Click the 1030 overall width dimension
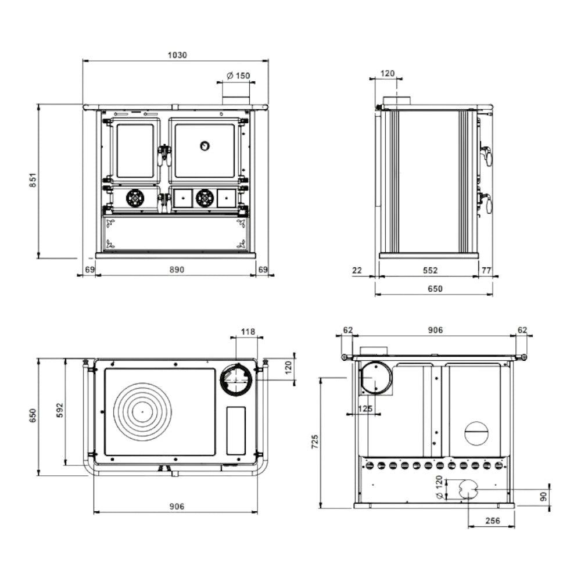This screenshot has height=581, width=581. [177, 55]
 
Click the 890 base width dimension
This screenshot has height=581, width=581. [177, 270]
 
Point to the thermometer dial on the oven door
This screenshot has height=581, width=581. [205, 145]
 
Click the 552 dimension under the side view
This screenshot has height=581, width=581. [430, 270]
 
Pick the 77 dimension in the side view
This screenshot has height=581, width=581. [486, 270]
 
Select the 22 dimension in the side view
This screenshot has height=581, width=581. [357, 270]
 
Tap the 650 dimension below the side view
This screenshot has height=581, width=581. [435, 289]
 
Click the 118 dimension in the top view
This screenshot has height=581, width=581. [248, 332]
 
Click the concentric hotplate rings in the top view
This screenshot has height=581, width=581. [142, 411]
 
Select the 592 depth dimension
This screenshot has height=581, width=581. [60, 410]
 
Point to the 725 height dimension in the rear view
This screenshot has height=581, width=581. [314, 441]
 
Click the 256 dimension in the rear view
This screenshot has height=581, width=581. [492, 521]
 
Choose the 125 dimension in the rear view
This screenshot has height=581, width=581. [365, 409]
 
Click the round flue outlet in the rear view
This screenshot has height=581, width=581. [375, 378]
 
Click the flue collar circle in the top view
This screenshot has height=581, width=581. [236, 379]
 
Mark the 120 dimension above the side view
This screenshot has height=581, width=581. [388, 73]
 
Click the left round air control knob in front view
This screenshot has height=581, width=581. [135, 198]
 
